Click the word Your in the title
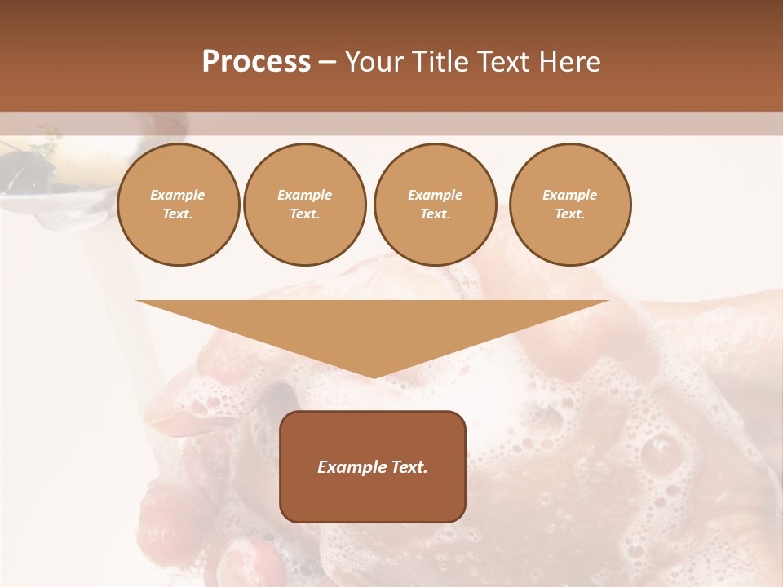pyautogui.click(x=371, y=63)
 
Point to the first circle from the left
pyautogui.click(x=178, y=205)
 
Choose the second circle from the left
pyautogui.click(x=304, y=205)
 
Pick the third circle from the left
pyautogui.click(x=435, y=205)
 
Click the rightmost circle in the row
pyautogui.click(x=569, y=205)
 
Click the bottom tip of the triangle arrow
pyautogui.click(x=373, y=376)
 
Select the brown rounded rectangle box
pyautogui.click(x=373, y=466)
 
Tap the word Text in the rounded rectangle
pyautogui.click(x=408, y=467)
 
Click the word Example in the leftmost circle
pyautogui.click(x=178, y=195)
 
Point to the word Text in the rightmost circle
pyautogui.click(x=569, y=214)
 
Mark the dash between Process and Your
pyautogui.click(x=327, y=63)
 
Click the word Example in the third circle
pyautogui.click(x=435, y=195)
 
